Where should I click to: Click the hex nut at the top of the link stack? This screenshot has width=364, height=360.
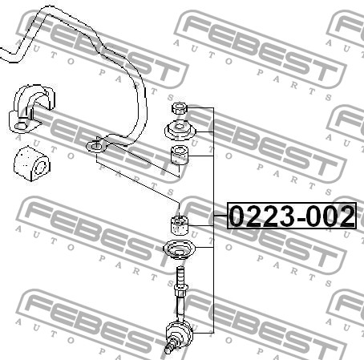[179, 108]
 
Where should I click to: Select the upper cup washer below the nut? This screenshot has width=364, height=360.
[180, 131]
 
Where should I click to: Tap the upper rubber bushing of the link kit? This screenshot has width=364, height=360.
[180, 155]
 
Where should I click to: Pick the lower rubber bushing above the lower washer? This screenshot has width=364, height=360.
[180, 224]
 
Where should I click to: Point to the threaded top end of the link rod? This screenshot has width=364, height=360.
[180, 275]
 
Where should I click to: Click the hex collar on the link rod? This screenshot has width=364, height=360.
[180, 290]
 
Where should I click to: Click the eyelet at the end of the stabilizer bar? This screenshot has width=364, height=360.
[96, 146]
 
